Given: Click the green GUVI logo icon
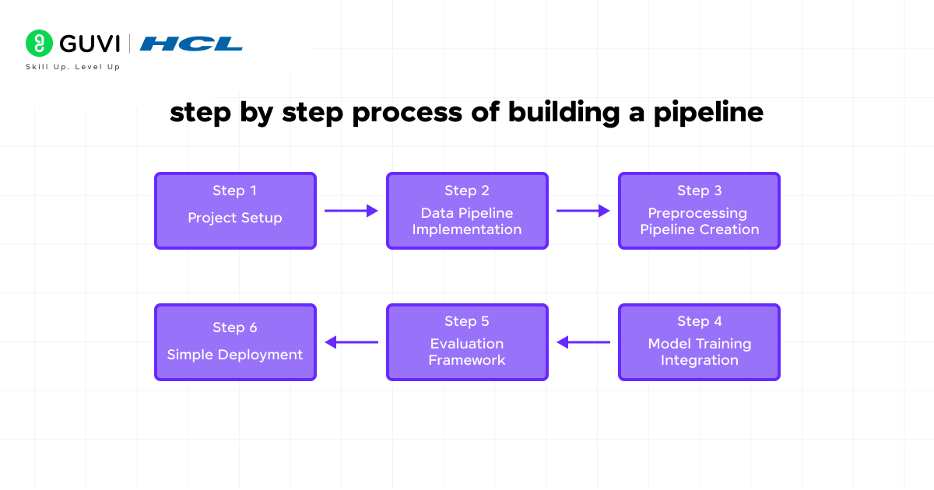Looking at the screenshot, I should click(39, 44).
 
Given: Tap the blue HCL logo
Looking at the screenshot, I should click(191, 44).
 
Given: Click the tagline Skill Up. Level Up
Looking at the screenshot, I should click(73, 67).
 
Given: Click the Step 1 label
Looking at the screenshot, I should click(234, 191).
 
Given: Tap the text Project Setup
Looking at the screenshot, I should click(234, 218).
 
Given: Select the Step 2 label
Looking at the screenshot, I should click(467, 191).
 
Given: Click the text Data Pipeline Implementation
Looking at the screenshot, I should click(467, 221).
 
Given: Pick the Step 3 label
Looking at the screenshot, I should click(699, 191).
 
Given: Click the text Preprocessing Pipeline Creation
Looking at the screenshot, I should click(699, 221).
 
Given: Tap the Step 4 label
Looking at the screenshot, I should click(699, 321).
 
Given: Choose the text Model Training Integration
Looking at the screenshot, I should click(699, 352).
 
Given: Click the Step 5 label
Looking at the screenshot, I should click(467, 321).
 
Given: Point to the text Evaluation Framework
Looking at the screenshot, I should click(467, 352).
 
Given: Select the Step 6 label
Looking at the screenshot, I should click(234, 327).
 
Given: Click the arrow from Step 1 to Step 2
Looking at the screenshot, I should click(351, 211).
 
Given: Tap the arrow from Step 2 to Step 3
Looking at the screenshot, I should click(583, 211).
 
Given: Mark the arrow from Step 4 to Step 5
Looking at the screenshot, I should click(583, 342).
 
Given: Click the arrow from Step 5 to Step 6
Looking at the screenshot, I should click(351, 342).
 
